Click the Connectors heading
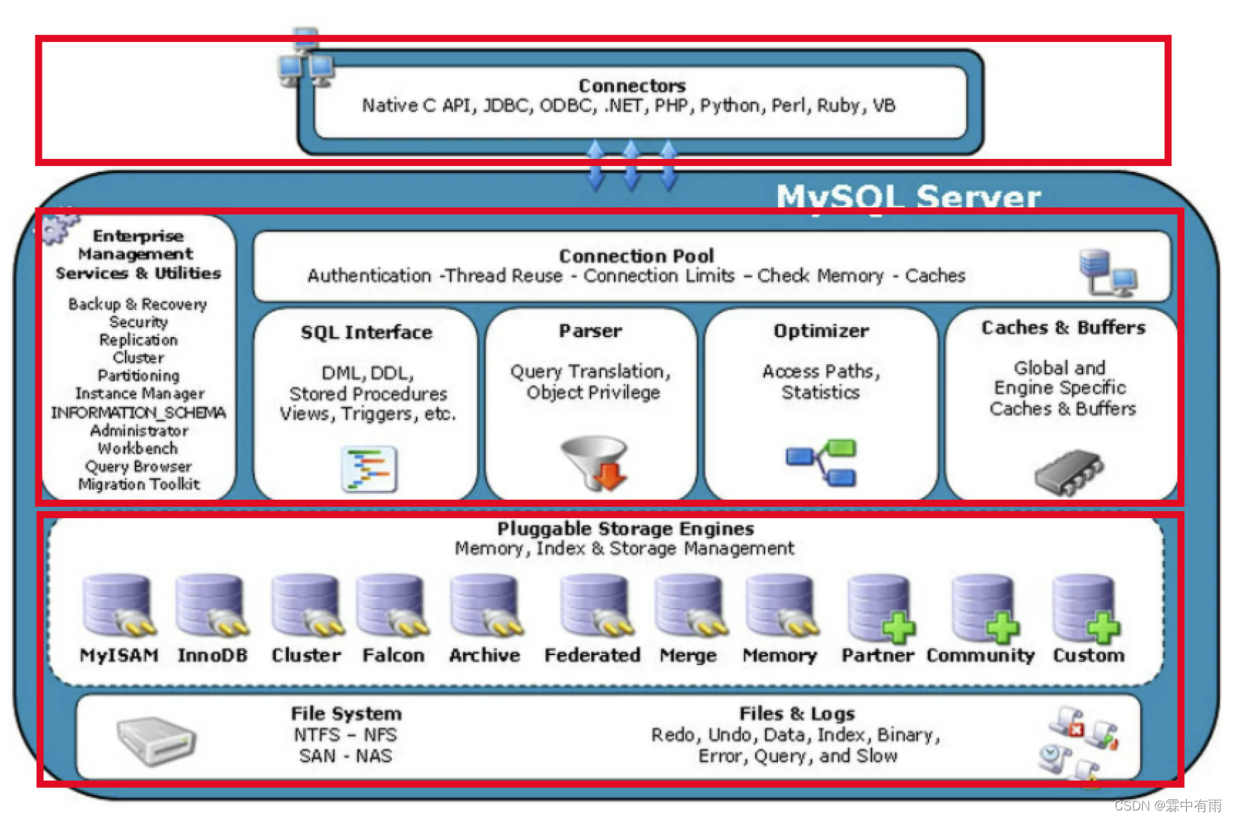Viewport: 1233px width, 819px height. point(632,86)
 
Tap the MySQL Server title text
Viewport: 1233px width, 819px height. point(908,197)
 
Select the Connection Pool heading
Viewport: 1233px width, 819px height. point(636,256)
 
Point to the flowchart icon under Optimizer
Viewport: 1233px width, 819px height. point(821,462)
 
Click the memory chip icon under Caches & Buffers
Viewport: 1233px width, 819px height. point(1068,471)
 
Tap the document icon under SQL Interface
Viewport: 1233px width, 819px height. point(369,468)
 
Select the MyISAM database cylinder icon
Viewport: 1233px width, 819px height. point(118,605)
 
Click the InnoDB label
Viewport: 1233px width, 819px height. point(212,655)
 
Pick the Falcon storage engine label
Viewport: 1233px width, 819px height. point(393,655)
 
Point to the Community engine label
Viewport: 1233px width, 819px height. point(980,655)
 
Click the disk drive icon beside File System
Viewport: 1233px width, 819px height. point(155,740)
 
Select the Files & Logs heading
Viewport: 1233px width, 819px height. point(796,713)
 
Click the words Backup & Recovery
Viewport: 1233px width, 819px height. point(138,304)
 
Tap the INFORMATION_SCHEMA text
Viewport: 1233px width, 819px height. point(138,412)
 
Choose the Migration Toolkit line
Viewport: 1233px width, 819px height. point(139,484)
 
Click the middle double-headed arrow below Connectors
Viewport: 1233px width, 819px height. point(631,165)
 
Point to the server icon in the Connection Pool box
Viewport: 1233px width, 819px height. point(1107,272)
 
